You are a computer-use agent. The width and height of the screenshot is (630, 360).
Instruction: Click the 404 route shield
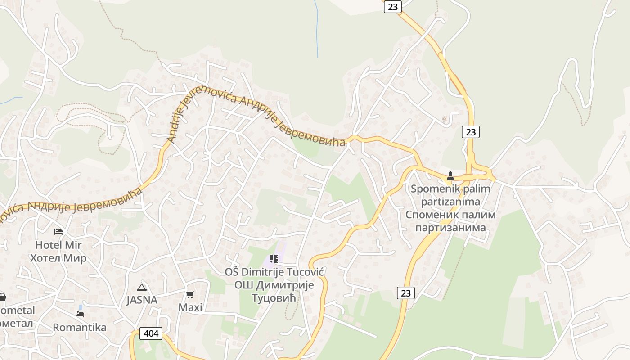coord(151,333)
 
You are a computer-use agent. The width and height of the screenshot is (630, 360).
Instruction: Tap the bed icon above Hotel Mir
coord(58,232)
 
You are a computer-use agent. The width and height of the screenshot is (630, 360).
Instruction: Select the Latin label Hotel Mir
coord(58,245)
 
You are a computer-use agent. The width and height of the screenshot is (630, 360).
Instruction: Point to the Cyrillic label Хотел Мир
coord(58,258)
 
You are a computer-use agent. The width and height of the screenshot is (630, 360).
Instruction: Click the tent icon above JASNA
coord(142,287)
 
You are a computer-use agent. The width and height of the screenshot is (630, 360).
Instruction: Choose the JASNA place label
coord(142,300)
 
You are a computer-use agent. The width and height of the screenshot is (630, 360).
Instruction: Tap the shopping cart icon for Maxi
coord(190,295)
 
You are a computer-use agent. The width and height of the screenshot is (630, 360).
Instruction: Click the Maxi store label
coord(190,308)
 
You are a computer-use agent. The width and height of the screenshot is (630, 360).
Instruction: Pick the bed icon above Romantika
coord(80,314)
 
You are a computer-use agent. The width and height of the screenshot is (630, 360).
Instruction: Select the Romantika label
coord(80,327)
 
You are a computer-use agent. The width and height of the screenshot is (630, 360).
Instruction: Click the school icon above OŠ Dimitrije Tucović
coord(274,259)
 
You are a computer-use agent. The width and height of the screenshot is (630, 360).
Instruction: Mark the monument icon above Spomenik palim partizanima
coord(450,175)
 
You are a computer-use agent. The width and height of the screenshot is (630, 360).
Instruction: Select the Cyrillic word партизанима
coord(450,228)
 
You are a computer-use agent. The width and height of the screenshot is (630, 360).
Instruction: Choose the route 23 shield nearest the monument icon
coord(470,132)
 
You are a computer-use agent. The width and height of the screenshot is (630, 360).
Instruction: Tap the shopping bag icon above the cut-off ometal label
coord(2,297)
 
